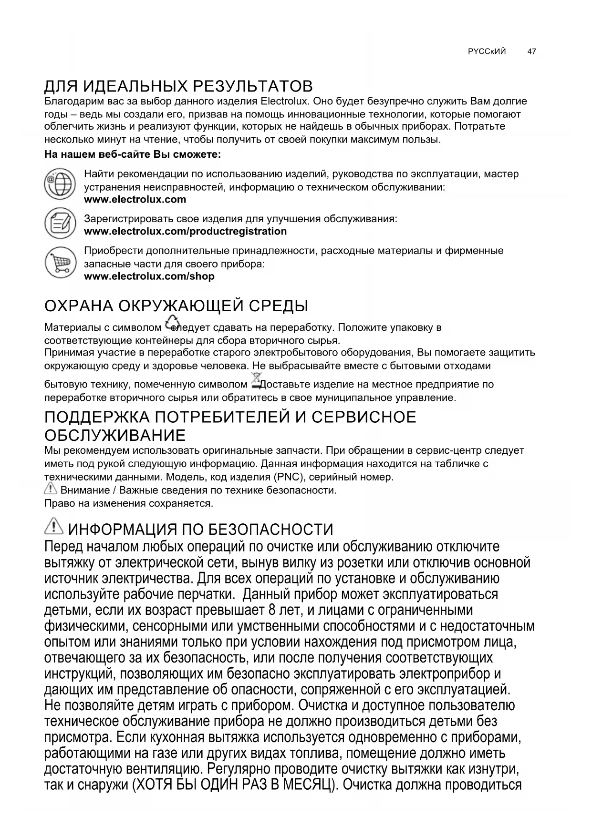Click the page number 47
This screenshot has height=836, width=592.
coord(531,51)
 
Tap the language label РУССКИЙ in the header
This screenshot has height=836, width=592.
coord(487,51)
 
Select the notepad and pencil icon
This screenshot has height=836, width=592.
coord(60,223)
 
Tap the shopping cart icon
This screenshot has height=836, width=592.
coord(60,262)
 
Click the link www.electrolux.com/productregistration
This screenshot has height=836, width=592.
coord(185,232)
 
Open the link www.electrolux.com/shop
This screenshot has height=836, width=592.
coord(149,276)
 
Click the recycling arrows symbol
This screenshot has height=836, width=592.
coord(171,323)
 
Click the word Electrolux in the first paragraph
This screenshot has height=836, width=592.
coord(285,102)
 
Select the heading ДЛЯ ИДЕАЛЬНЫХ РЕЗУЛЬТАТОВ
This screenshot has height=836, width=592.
coord(178,86)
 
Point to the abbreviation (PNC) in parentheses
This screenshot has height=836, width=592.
coord(286,477)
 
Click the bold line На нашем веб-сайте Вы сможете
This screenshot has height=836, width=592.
coord(133,154)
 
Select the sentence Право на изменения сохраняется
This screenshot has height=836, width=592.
coord(128,503)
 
